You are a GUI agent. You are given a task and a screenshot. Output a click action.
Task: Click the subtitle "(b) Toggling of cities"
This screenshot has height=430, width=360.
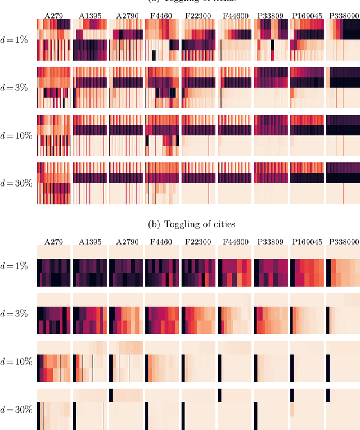pos(191,224)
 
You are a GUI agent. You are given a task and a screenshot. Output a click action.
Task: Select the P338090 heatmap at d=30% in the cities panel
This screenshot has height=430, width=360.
pos(343,409)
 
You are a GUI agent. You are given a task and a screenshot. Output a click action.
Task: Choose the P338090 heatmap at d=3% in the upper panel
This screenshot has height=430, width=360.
pos(343,87)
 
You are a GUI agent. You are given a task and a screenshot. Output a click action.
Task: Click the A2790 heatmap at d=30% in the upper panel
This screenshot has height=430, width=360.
pos(126,183)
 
